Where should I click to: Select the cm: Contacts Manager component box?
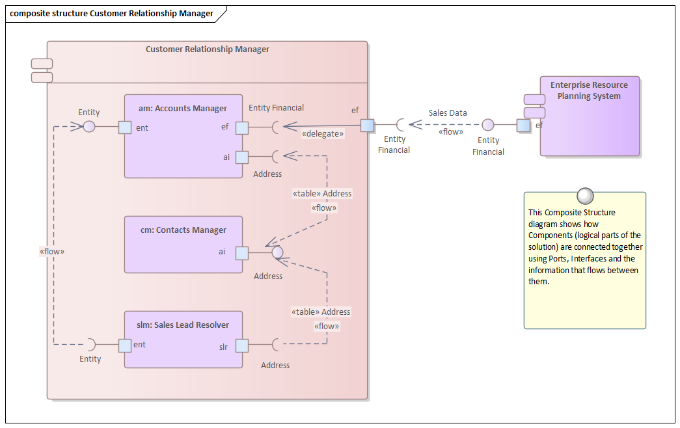(x=183, y=254)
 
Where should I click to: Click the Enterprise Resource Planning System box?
(x=589, y=124)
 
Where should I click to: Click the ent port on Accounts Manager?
(x=125, y=127)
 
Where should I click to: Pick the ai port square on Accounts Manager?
(x=241, y=157)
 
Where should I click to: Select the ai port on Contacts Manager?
(x=241, y=252)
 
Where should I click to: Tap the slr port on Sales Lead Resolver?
(x=241, y=345)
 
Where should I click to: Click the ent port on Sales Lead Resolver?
(x=125, y=345)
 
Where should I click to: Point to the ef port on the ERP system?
(x=523, y=125)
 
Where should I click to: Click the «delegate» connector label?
(x=322, y=134)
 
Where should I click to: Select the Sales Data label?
(x=448, y=113)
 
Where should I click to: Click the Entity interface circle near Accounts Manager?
(x=90, y=126)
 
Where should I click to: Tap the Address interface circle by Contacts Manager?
(x=277, y=252)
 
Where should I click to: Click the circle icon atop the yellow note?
(x=585, y=195)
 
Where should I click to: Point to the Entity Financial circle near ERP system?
(x=488, y=125)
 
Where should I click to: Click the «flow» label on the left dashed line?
(x=52, y=251)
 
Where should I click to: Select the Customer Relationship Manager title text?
(x=207, y=49)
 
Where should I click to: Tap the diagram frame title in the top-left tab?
(x=112, y=13)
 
